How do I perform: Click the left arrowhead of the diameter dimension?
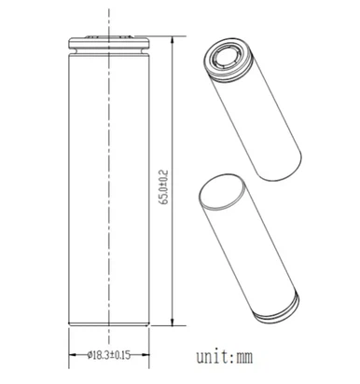[76, 363]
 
